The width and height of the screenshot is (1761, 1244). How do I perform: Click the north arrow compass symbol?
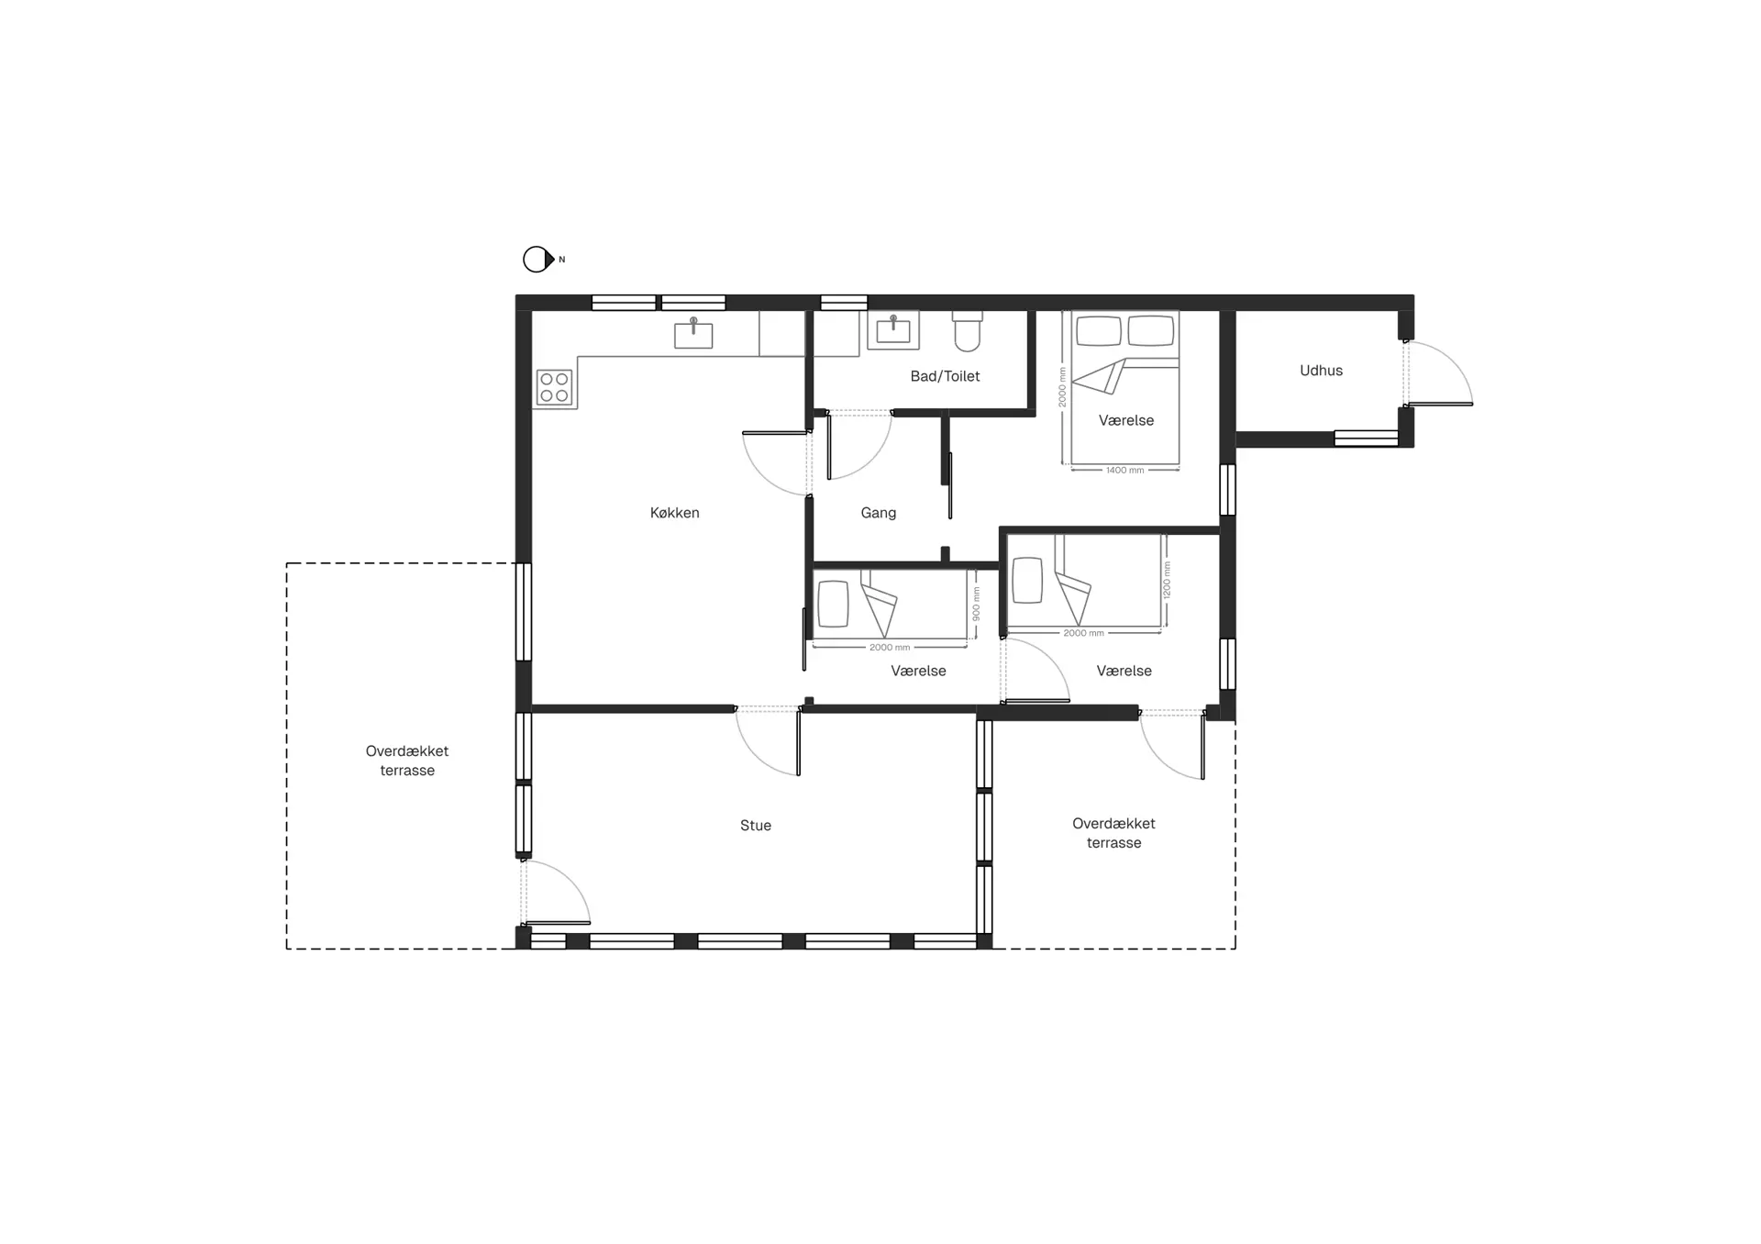click(539, 260)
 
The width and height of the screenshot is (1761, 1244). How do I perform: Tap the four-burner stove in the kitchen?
click(554, 387)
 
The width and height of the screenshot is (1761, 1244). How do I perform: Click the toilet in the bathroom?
click(968, 331)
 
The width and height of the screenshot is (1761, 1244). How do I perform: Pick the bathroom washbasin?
click(893, 330)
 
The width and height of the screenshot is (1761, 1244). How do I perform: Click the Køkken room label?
click(675, 513)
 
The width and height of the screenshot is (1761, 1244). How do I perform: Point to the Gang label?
click(879, 513)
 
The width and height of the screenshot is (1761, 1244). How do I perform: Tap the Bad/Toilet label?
click(945, 376)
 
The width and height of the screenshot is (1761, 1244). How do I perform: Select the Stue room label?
click(756, 826)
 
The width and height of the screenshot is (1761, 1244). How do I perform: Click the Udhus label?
click(1321, 371)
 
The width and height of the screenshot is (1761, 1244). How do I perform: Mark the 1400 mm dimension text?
click(1124, 471)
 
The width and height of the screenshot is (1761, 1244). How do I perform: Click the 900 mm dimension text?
click(976, 604)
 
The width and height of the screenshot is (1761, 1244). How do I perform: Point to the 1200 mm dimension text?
click(1167, 580)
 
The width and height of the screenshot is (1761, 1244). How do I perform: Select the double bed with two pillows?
click(1125, 389)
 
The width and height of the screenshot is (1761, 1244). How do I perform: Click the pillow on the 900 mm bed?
click(833, 604)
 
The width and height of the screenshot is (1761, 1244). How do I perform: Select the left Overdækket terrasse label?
click(407, 761)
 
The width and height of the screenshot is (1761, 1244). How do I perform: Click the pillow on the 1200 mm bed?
click(1027, 580)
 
